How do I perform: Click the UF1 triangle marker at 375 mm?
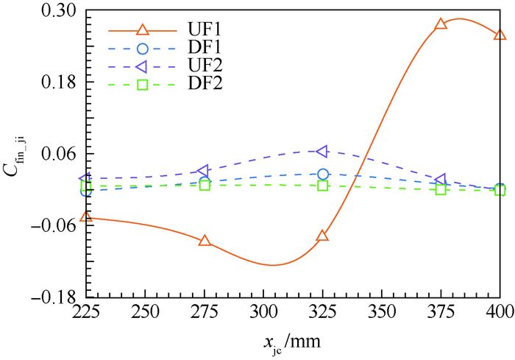[x=441, y=24]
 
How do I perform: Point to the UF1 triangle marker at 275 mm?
[x=205, y=240]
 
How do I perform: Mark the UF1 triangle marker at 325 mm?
[x=322, y=236]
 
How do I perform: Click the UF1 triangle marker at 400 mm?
[x=500, y=35]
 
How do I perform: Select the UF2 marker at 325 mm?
[x=322, y=151]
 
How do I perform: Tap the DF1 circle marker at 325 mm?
[x=323, y=174]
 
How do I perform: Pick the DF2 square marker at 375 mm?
[x=441, y=189]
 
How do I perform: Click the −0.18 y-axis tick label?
[x=56, y=297]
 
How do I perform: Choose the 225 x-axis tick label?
[x=86, y=311]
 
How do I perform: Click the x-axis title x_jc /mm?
[x=293, y=342]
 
